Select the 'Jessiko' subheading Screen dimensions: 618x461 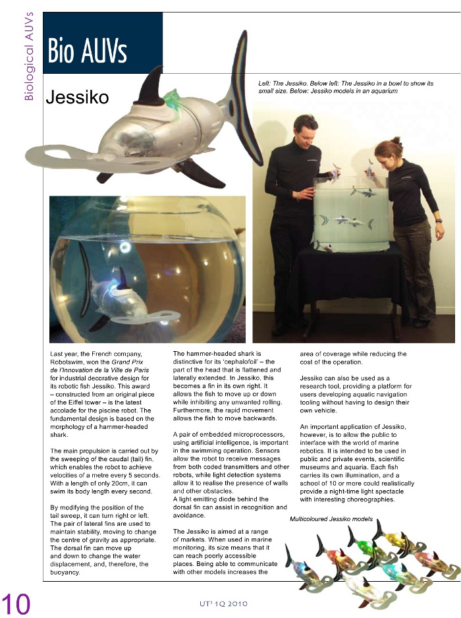[x=76, y=98]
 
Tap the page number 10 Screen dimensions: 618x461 [x=16, y=603]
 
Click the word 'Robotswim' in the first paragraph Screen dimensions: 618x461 [x=72, y=362]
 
